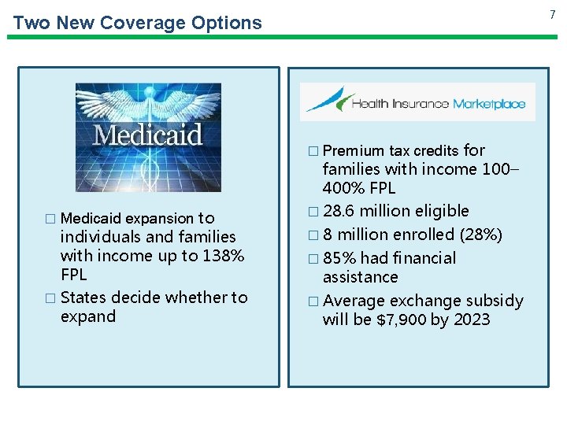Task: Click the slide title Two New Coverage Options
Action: (138, 23)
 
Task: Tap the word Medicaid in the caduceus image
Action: (147, 135)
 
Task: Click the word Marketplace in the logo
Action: (488, 104)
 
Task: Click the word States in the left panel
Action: (83, 297)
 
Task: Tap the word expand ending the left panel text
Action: (87, 317)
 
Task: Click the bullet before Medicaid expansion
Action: (51, 219)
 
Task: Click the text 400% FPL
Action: (359, 189)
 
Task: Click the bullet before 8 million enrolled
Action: (313, 235)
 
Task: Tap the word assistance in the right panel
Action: (360, 277)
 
